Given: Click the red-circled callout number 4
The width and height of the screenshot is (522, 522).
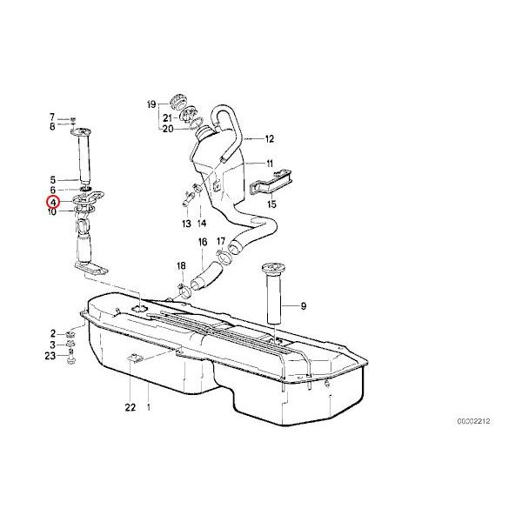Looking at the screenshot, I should [x=53, y=202].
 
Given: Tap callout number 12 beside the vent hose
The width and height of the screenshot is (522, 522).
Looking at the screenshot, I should [x=269, y=138].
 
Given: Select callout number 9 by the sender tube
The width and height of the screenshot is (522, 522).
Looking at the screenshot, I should [x=304, y=305].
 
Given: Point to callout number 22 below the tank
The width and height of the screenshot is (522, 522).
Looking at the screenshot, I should [x=130, y=407].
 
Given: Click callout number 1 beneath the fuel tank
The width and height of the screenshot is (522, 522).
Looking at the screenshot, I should [x=149, y=407].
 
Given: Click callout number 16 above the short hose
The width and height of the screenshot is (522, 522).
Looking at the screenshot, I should [x=202, y=242].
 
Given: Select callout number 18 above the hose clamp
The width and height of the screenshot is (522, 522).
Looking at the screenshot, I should [x=181, y=265].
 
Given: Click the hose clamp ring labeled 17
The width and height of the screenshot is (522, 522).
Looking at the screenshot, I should [x=229, y=257].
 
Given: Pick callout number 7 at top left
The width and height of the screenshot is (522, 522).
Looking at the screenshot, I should [x=52, y=117].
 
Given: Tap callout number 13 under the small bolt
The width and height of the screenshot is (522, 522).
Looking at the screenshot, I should [x=185, y=224].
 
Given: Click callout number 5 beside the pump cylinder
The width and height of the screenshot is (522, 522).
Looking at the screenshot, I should [x=52, y=178].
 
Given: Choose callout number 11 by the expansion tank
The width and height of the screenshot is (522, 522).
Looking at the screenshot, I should [x=269, y=164].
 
